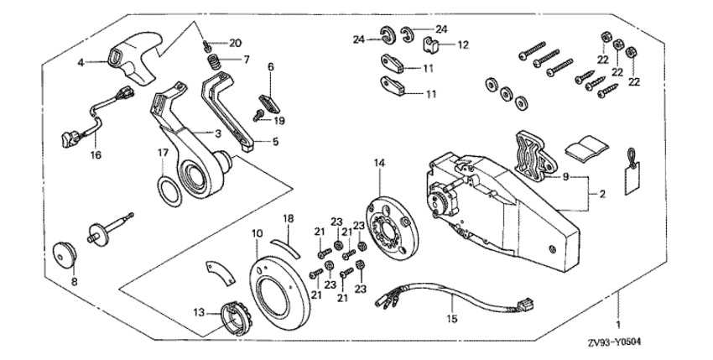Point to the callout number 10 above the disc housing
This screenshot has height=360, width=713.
[256, 232]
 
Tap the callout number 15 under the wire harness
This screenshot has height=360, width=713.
[450, 319]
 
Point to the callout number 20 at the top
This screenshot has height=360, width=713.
[235, 44]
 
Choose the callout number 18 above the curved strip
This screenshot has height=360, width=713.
[288, 218]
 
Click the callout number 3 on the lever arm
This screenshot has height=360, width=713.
[217, 133]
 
